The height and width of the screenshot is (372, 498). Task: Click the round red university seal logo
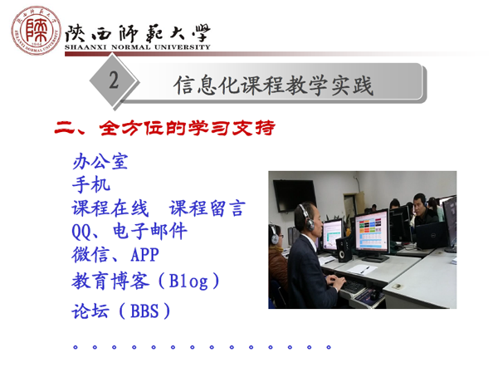click(36, 31)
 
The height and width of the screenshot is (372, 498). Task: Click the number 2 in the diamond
click(114, 80)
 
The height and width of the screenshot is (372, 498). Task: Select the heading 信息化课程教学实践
click(273, 86)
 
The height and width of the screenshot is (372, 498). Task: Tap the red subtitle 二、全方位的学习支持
click(164, 128)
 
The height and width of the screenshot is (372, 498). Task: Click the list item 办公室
click(100, 161)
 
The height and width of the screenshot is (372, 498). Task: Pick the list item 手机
click(91, 184)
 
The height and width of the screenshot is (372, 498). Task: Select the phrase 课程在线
click(110, 208)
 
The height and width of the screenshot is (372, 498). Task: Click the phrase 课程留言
click(207, 208)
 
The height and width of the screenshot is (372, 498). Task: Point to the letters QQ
click(81, 232)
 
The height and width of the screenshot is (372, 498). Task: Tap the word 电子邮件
click(150, 231)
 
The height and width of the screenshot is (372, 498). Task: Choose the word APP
click(144, 255)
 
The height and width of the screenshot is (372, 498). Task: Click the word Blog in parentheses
click(188, 281)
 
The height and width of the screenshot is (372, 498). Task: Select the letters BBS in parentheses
click(144, 311)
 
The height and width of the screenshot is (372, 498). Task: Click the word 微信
click(90, 254)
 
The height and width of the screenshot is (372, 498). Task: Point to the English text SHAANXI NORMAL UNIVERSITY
click(138, 47)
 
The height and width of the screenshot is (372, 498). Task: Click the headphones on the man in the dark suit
click(306, 217)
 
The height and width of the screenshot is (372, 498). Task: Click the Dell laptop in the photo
click(432, 235)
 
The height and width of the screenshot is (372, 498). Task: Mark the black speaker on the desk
click(344, 250)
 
